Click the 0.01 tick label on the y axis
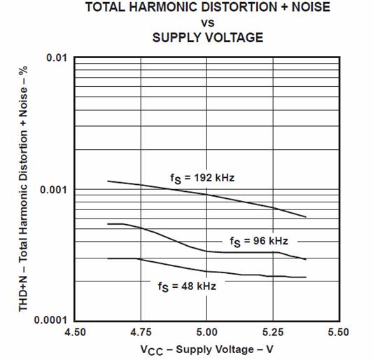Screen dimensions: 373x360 57,57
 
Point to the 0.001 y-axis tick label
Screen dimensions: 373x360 54,190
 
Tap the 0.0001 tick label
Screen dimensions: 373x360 50,320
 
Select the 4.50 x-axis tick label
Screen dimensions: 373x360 75,332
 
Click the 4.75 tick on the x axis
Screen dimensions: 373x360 141,332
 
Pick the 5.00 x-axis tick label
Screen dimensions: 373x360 206,332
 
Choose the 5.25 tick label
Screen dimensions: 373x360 273,332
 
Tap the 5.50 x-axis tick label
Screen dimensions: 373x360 339,332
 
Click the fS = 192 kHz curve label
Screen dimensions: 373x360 202,179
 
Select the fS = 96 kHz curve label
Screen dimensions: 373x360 259,242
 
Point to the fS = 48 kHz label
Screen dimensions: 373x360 187,286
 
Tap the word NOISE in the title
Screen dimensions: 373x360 311,7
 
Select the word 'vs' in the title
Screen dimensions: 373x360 208,23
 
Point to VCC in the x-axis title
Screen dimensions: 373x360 152,350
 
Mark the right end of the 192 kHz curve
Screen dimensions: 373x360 306,217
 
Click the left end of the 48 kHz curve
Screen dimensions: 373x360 108,258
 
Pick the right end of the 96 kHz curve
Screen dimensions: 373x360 306,259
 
